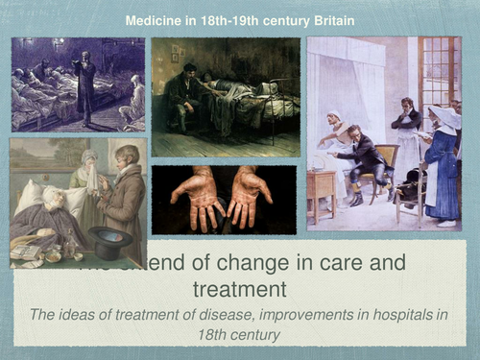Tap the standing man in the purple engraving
coord(87,86)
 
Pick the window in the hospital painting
coord(441,77)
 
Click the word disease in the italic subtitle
coord(226,315)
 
